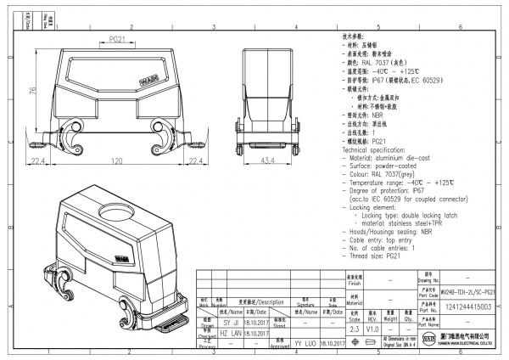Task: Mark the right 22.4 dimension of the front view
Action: (x=195, y=159)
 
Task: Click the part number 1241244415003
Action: (x=469, y=307)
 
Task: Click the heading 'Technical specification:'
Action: (x=372, y=149)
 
